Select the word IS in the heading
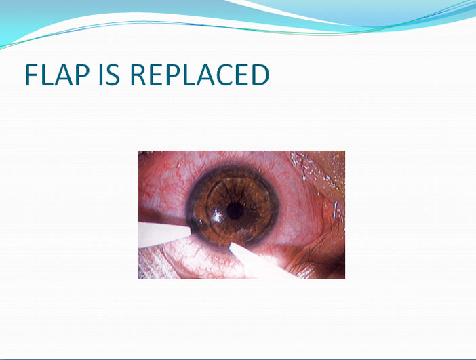(x=109, y=75)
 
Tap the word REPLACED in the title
(x=200, y=75)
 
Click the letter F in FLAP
(x=31, y=75)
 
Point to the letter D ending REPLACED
(x=260, y=75)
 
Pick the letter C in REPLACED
(x=224, y=75)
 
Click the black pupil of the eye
(x=235, y=210)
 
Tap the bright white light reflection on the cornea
(x=217, y=216)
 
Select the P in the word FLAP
(x=82, y=75)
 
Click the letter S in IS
(x=113, y=75)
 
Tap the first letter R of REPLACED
(x=138, y=75)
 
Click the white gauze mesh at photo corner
(x=151, y=264)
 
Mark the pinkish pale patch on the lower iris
(x=243, y=233)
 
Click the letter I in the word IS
(x=100, y=75)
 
